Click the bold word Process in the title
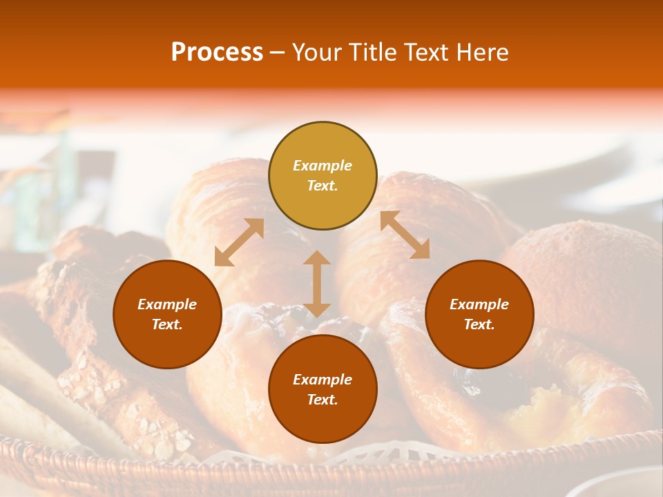coord(217,52)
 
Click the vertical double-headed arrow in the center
coord(317,284)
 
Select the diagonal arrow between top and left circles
coord(239,242)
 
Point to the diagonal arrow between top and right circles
coord(405,235)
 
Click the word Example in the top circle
coord(323,166)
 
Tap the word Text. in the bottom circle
coord(323,400)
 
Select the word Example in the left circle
coord(167,304)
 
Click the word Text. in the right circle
coord(479,324)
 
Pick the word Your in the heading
coord(316,52)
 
